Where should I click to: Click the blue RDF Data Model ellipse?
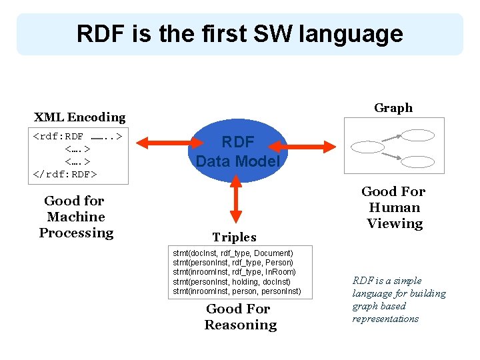(x=237, y=151)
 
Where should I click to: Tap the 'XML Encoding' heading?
(x=79, y=117)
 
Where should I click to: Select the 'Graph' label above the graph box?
(x=393, y=108)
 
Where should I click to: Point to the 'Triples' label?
(x=234, y=237)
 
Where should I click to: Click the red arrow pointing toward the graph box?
(x=307, y=145)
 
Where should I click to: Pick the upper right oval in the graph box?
(x=417, y=135)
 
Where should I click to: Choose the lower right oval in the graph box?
(x=417, y=161)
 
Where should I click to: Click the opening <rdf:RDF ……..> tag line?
(x=77, y=137)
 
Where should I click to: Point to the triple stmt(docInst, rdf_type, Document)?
(x=233, y=253)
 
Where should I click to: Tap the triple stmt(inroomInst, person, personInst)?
(x=237, y=291)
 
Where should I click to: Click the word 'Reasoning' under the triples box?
(x=240, y=325)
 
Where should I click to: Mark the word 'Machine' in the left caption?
(x=76, y=217)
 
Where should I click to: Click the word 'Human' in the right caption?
(x=394, y=207)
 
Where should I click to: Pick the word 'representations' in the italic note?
(x=385, y=319)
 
